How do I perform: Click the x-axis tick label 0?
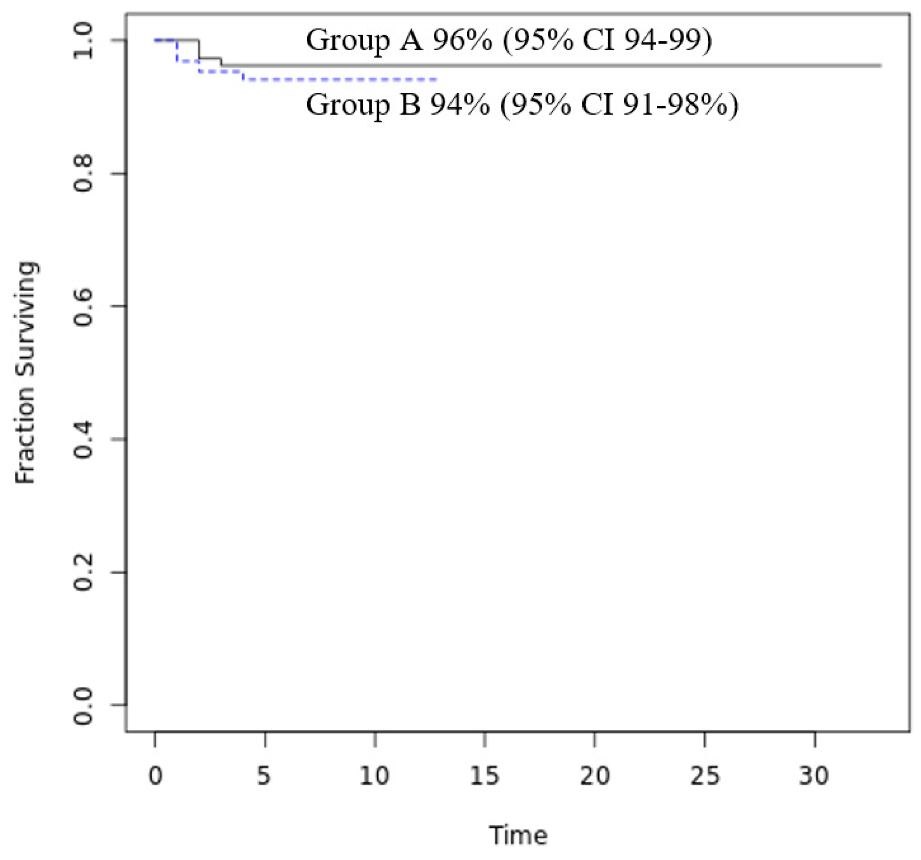[x=155, y=775]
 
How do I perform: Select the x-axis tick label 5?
[x=264, y=775]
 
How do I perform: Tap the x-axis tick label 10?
[x=374, y=775]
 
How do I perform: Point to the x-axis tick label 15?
[x=485, y=775]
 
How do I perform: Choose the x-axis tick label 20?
[x=595, y=775]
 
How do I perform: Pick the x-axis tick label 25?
[x=705, y=775]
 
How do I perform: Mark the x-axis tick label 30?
[x=814, y=775]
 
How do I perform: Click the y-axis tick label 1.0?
[x=83, y=41]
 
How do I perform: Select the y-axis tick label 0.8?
[x=83, y=174]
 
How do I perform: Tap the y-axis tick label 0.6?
[x=83, y=306]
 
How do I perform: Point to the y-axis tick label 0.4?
[x=83, y=439]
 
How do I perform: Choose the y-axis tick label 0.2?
[x=83, y=572]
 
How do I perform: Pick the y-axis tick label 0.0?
[x=83, y=705]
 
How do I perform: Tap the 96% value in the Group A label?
[x=462, y=41]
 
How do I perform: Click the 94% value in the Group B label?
[x=460, y=105]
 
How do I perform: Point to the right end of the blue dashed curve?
[x=436, y=80]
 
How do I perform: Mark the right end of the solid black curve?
[x=880, y=66]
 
